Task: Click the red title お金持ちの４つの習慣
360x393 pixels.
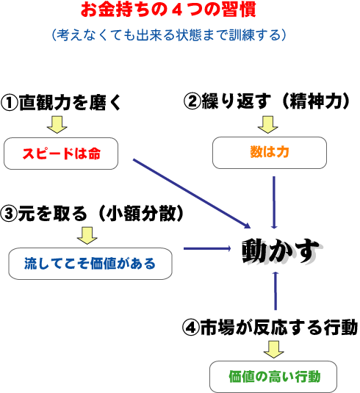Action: tap(168, 10)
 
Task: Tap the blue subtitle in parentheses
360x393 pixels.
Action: tap(169, 35)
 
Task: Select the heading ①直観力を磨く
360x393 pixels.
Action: tap(61, 103)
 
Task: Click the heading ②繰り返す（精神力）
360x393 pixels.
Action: tap(267, 101)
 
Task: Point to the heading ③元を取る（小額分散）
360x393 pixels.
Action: tap(92, 214)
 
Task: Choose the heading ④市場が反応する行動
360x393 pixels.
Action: tap(270, 328)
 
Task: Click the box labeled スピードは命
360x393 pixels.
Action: tap(61, 154)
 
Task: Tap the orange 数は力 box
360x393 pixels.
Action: tap(270, 153)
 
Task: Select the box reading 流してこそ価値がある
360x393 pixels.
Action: tap(90, 264)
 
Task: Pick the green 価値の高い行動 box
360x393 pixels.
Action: tap(273, 377)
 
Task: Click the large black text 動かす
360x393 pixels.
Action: tap(281, 250)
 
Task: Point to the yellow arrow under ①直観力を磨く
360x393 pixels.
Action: tap(57, 125)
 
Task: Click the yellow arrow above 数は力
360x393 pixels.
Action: tap(267, 125)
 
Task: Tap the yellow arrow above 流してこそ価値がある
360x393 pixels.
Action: tap(87, 236)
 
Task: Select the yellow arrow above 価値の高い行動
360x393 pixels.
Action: tap(274, 350)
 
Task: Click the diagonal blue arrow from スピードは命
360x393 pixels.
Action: tap(192, 193)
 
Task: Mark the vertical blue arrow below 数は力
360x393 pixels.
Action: tap(274, 203)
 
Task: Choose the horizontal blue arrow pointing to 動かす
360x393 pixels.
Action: tap(207, 248)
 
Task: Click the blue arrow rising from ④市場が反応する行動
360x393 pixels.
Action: tap(276, 291)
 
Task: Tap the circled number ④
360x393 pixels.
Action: tap(191, 328)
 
